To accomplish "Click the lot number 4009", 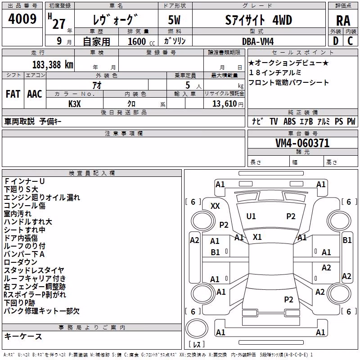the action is coord(22,19).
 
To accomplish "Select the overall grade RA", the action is coord(343,21).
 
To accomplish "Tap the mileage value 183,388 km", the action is coord(53,65).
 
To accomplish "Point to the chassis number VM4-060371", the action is coord(302,143).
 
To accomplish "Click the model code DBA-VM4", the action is coord(258,41).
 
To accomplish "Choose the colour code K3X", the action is coord(75,104).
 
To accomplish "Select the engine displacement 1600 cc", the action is coord(141,41).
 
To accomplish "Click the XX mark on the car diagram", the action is coord(215,206).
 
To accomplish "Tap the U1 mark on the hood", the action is coord(251,216).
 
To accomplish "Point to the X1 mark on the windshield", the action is coord(257,237).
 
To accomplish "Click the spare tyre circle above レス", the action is coord(197,328).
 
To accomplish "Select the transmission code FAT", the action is coord(13,94).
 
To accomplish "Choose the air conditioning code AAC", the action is coord(35,94).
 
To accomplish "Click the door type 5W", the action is coord(174,20).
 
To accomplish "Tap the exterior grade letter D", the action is coord(336,41).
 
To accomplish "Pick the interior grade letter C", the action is coord(350,41).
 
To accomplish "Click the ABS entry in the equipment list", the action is coord(289,121).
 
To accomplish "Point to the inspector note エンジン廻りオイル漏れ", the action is coord(42,198).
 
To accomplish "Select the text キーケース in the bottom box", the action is coord(23,337).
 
